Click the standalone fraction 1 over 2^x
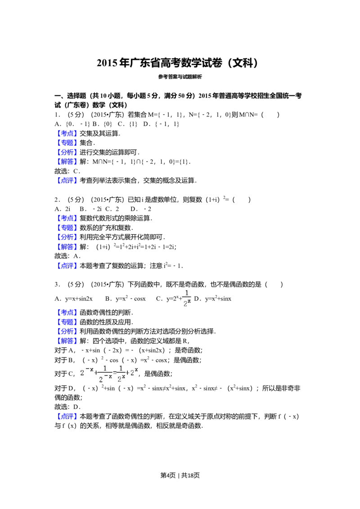coord(187,298)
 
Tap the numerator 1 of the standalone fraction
coord(187,293)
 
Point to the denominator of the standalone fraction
coord(187,304)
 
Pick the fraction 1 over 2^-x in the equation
coord(105,374)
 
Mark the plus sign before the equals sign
coord(96,373)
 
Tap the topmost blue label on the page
coord(68,134)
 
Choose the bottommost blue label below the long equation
coord(68,416)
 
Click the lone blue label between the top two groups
coord(68,181)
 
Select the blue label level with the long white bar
coord(68,219)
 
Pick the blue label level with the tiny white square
coord(68,312)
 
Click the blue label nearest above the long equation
coord(68,341)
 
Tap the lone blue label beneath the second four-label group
coord(68,265)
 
